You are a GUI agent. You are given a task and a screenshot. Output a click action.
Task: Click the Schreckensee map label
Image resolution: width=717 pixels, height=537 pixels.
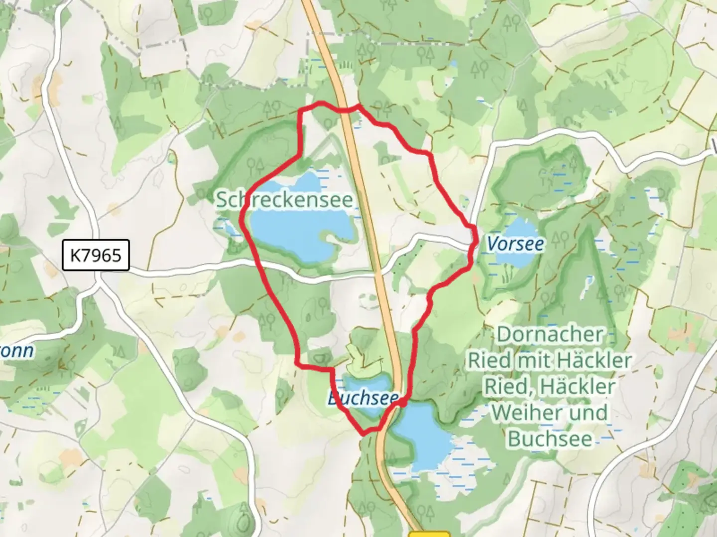pyautogui.click(x=284, y=200)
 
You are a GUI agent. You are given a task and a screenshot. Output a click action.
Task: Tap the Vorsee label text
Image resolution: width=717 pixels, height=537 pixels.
pyautogui.click(x=515, y=244)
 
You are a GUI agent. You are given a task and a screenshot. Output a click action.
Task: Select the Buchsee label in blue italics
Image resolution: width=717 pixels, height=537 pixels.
pyautogui.click(x=363, y=398)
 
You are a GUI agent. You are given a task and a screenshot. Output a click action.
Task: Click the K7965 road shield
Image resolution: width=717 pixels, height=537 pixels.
pyautogui.click(x=96, y=255)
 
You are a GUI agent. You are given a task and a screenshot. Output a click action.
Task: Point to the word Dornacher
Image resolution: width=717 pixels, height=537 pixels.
pyautogui.click(x=550, y=335)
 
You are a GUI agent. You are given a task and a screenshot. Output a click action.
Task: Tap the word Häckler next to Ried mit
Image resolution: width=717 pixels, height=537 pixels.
pyautogui.click(x=600, y=360)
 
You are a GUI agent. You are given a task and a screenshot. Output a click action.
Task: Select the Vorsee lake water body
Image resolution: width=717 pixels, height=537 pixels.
pyautogui.click(x=513, y=259)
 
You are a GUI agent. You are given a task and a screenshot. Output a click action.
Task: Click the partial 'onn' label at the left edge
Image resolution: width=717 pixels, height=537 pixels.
pyautogui.click(x=17, y=351)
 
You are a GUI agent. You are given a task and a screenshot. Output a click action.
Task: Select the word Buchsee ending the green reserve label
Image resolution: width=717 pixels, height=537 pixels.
pyautogui.click(x=550, y=439)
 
